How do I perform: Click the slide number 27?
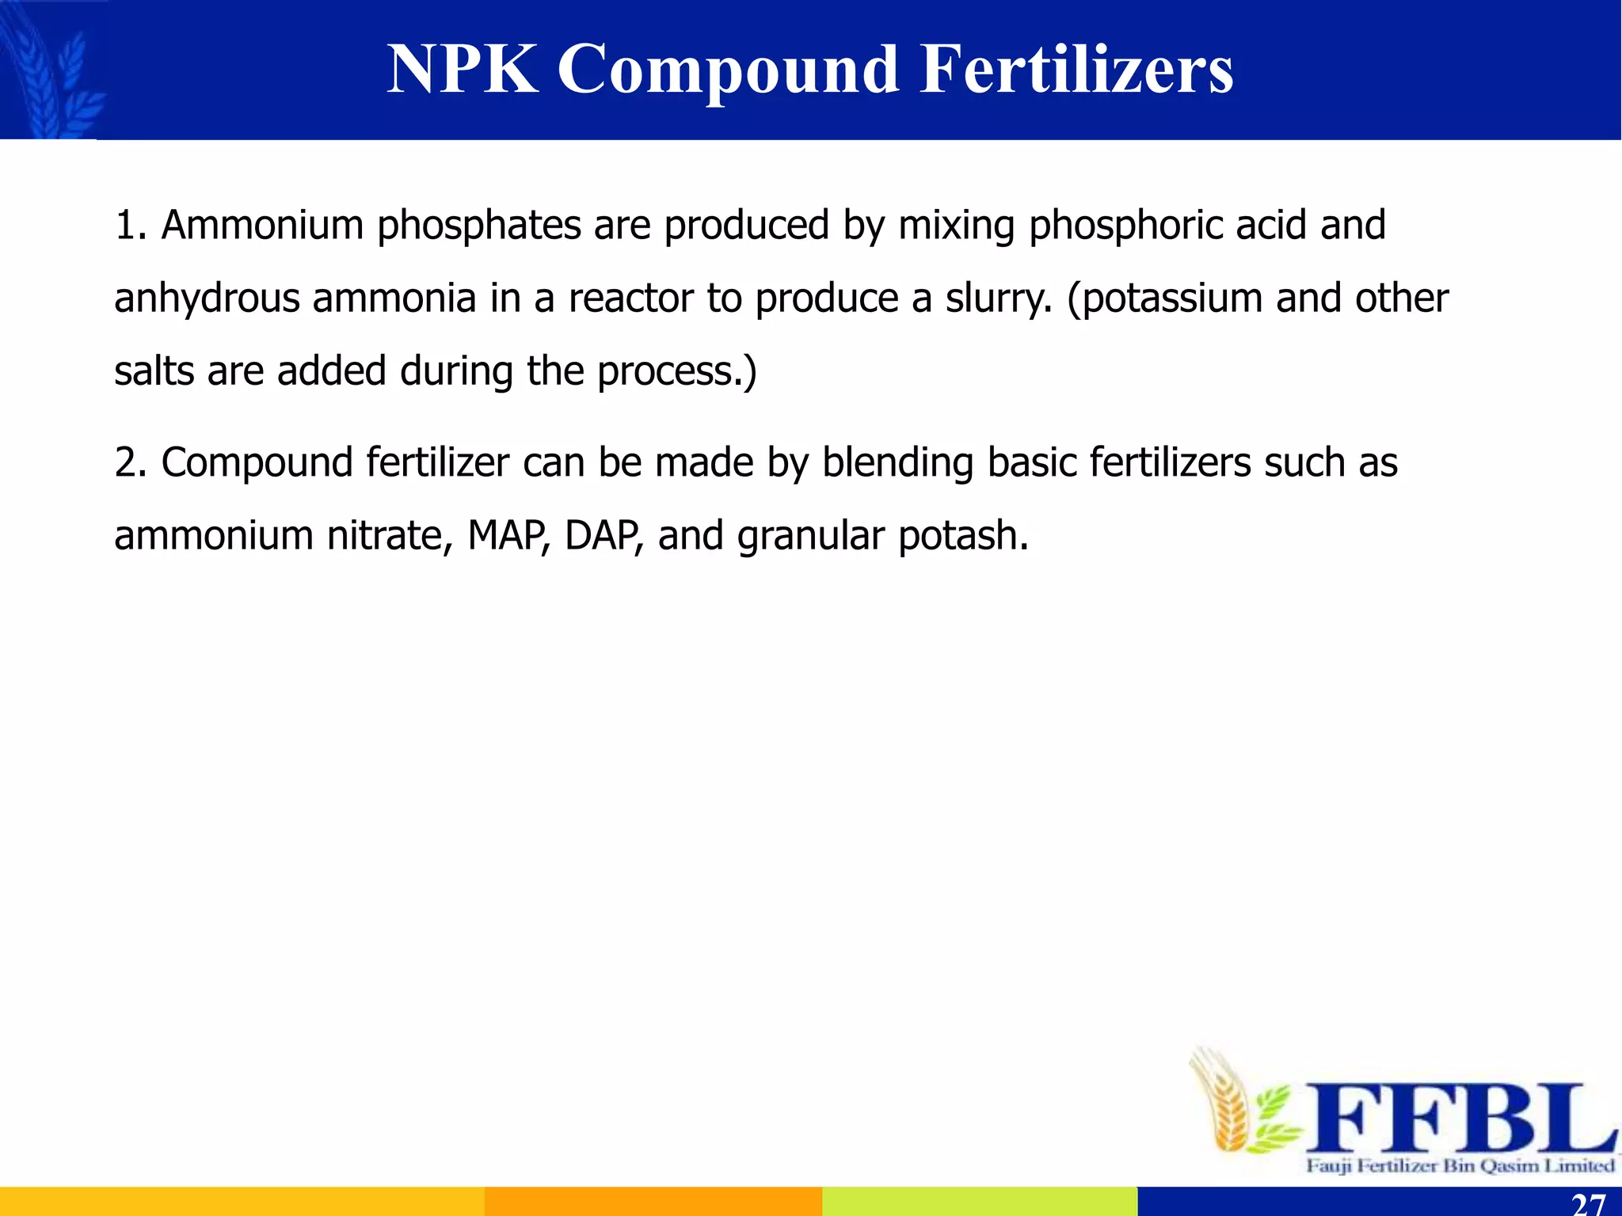pos(1588,1204)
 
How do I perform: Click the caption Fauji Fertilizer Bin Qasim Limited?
pos(1460,1165)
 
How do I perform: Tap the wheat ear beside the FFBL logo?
pos(1224,1100)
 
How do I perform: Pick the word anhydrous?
pos(207,299)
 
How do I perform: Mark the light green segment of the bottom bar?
pos(980,1201)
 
